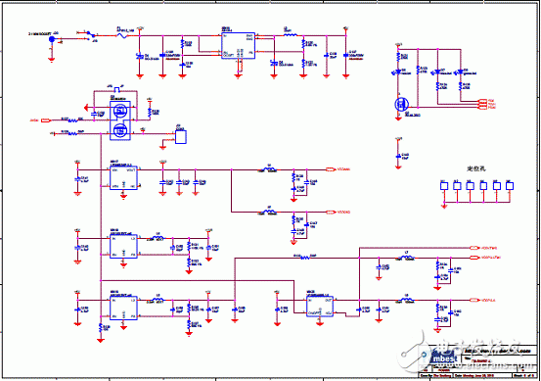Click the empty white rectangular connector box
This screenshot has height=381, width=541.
[181, 137]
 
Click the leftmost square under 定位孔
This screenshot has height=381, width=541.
[444, 184]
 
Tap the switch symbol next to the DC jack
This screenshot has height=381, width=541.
[91, 35]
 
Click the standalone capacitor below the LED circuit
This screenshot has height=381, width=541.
[399, 153]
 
